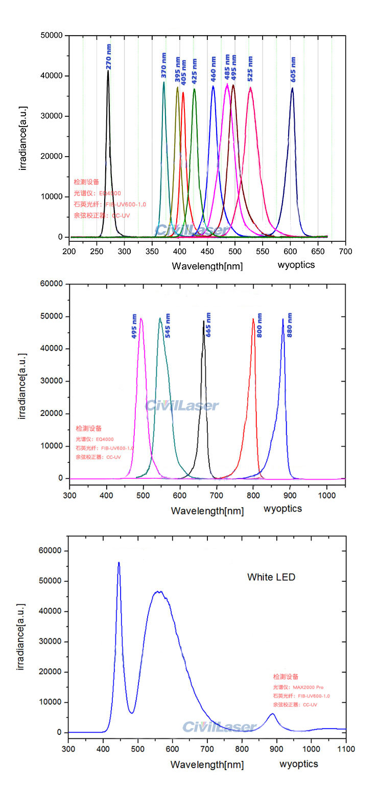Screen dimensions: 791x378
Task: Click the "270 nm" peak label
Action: click(109, 57)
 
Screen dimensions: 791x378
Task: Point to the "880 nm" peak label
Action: click(290, 325)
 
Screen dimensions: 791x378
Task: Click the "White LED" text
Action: click(271, 577)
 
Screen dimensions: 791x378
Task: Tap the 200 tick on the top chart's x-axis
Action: click(69, 252)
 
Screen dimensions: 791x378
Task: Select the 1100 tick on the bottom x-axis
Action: click(346, 749)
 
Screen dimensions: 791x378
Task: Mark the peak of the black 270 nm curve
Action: click(108, 71)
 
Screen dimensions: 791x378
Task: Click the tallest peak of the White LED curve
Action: click(119, 562)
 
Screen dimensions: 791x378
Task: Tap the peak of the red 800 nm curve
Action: click(253, 319)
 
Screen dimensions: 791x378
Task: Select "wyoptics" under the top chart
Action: click(296, 264)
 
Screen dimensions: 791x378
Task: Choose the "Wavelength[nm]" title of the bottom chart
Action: click(207, 764)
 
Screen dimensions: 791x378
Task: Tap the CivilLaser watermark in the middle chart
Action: click(182, 406)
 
